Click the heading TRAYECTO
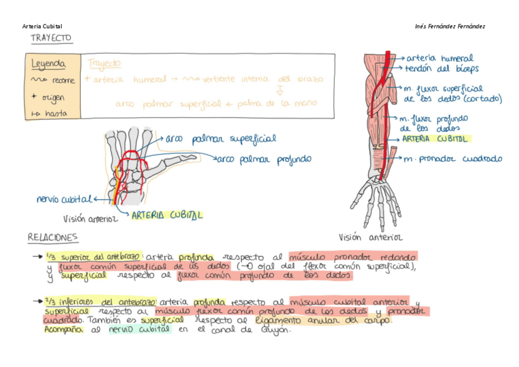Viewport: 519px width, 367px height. pyautogui.click(x=51, y=38)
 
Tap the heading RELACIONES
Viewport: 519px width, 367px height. pyautogui.click(x=53, y=236)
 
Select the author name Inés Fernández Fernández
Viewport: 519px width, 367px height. pyautogui.click(x=450, y=26)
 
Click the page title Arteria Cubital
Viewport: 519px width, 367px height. pyautogui.click(x=42, y=26)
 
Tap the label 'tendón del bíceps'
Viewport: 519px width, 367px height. pyautogui.click(x=441, y=69)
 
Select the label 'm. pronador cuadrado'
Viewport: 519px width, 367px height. pyautogui.click(x=452, y=159)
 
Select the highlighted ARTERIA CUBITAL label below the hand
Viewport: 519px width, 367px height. pyautogui.click(x=167, y=215)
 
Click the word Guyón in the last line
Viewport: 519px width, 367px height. pyautogui.click(x=278, y=330)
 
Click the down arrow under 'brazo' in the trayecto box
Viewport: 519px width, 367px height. pyautogui.click(x=280, y=91)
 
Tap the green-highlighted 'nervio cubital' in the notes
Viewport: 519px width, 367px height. pyautogui.click(x=139, y=330)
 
